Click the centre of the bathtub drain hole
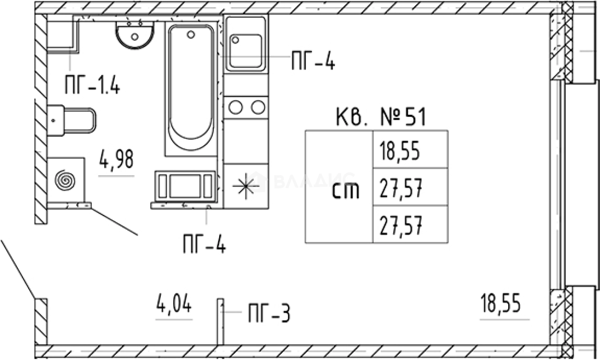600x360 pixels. tap(191, 34)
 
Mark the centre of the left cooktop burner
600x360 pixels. tap(235, 107)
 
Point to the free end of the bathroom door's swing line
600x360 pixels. tap(137, 235)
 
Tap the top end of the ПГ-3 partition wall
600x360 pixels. tap(221, 299)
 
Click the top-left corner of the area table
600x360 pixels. tap(305, 131)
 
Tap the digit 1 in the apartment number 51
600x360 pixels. tap(422, 117)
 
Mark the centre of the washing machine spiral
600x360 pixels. tap(65, 180)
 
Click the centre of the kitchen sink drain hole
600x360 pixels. tap(235, 40)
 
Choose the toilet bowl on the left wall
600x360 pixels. tap(71, 120)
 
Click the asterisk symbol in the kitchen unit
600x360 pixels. tap(245, 186)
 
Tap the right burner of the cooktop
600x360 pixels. tap(258, 107)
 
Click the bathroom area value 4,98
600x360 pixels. tap(116, 159)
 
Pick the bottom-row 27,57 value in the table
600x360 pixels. tap(400, 225)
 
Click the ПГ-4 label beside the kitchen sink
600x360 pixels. tap(313, 61)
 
